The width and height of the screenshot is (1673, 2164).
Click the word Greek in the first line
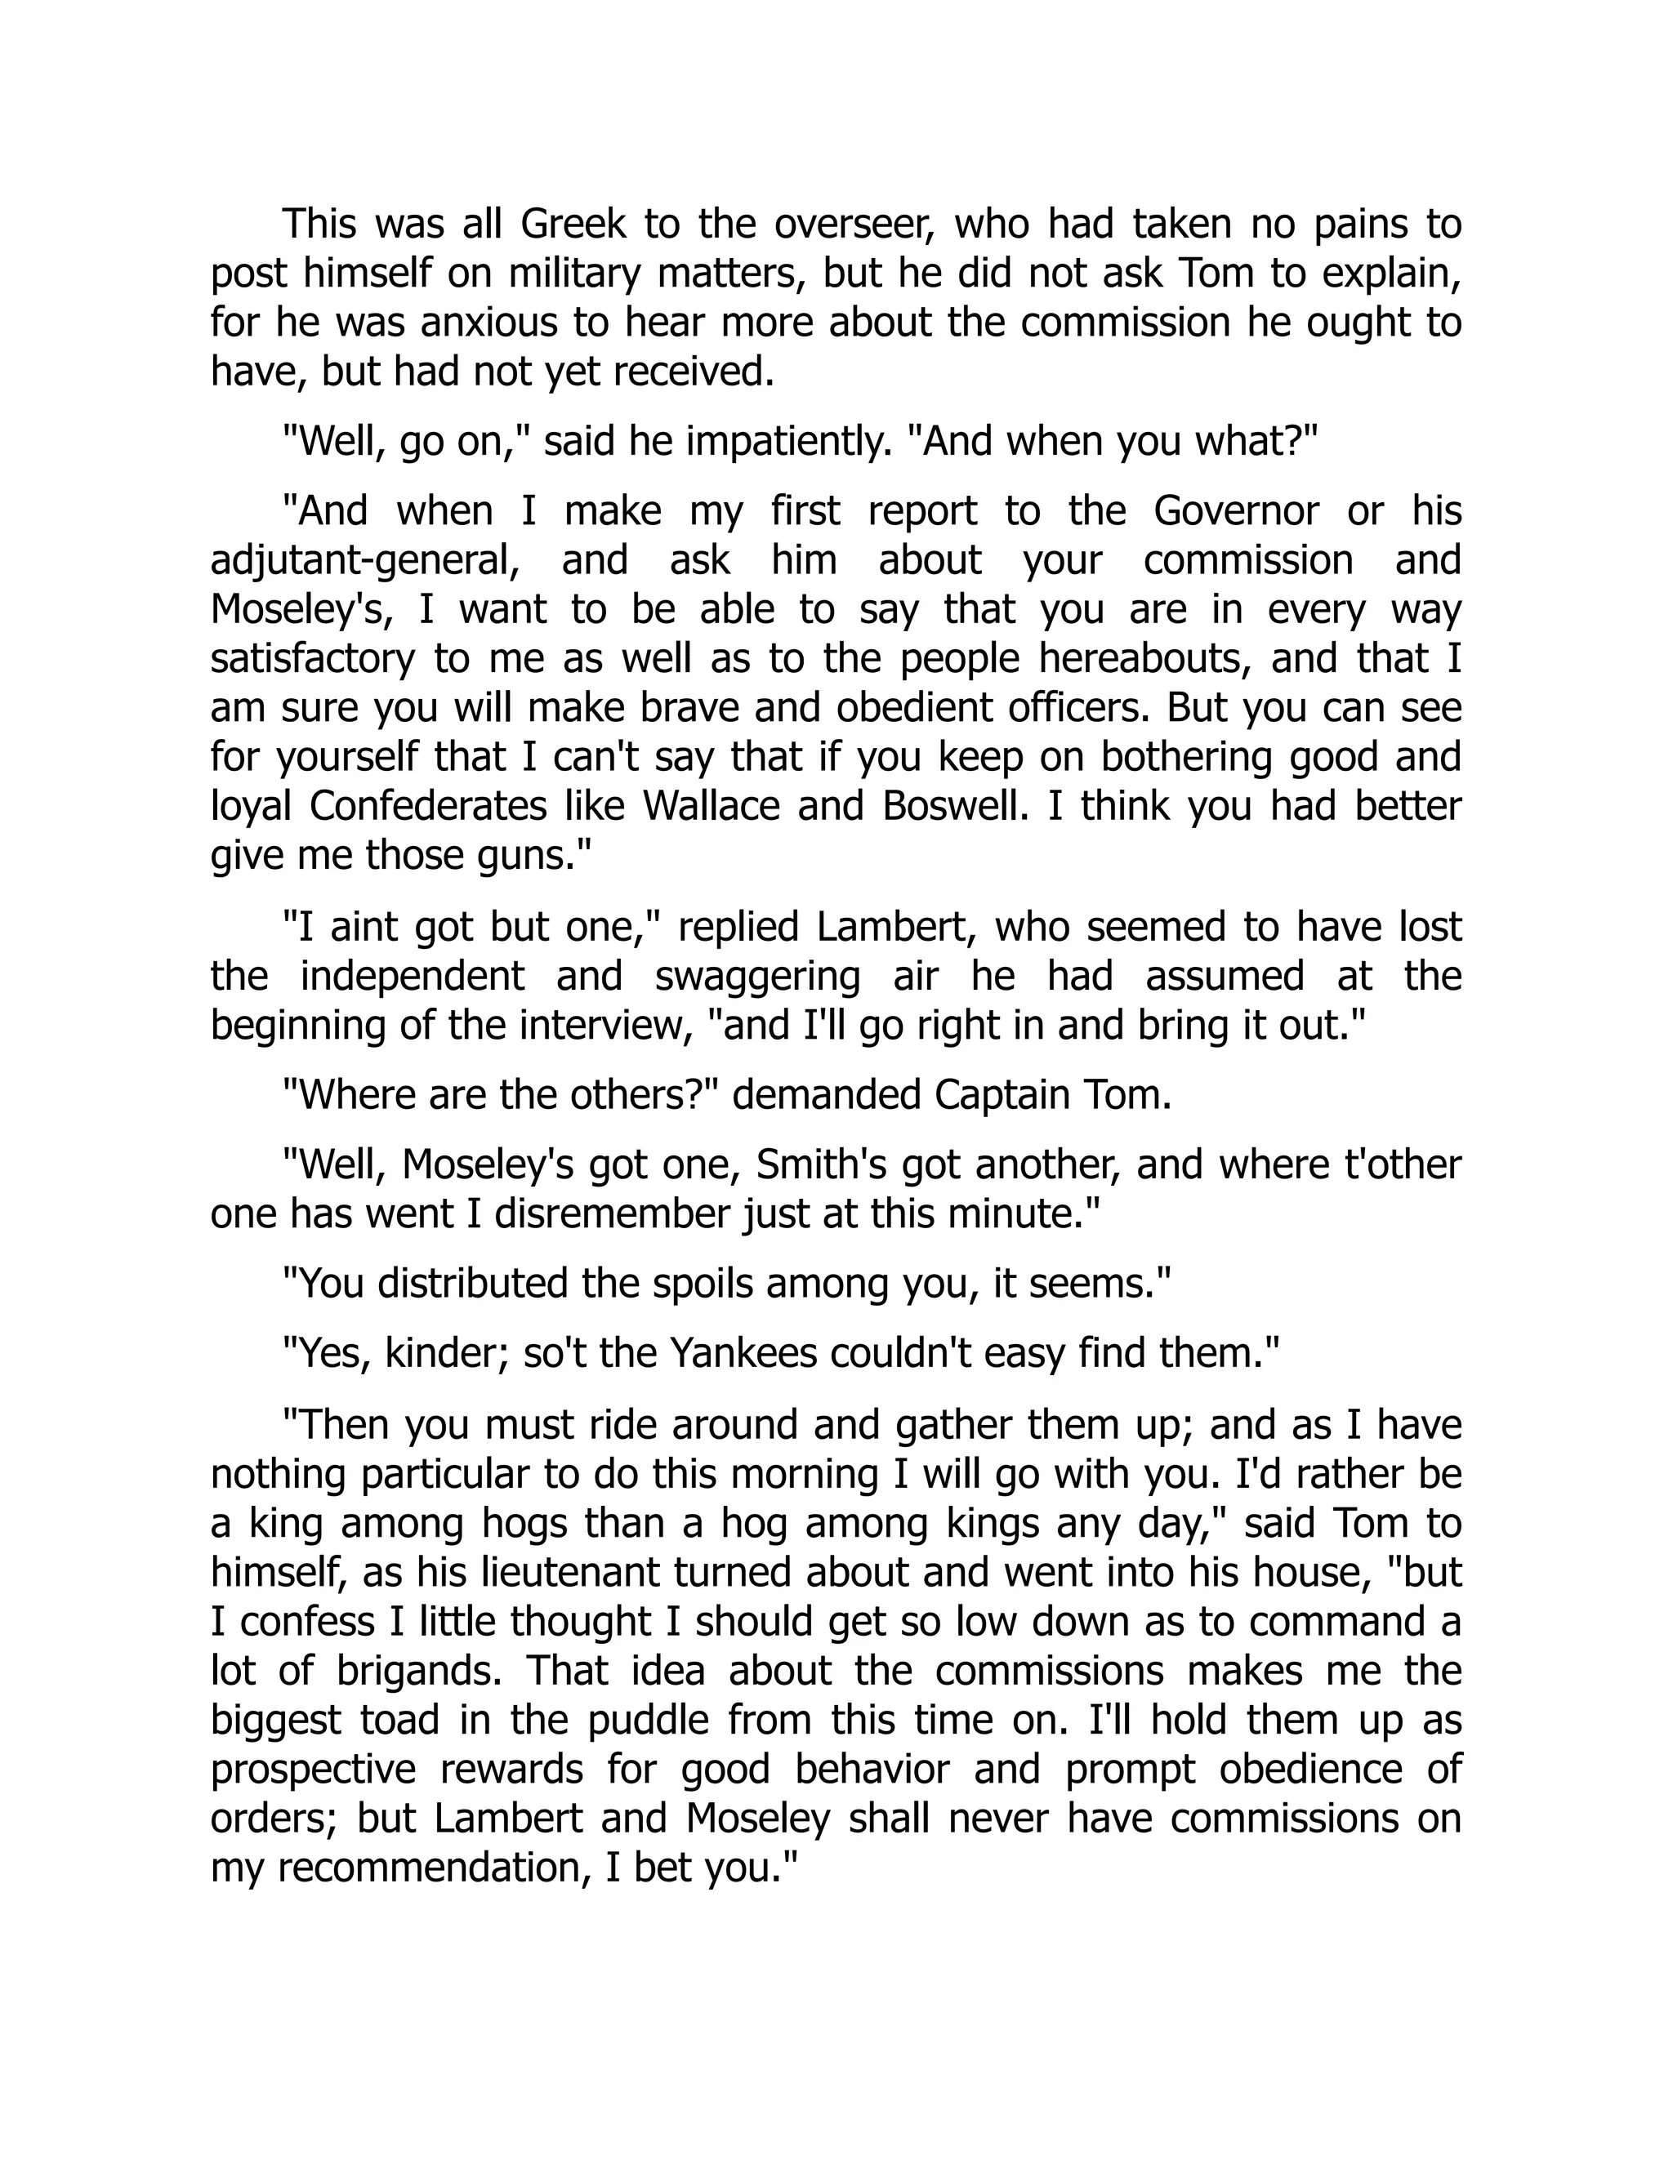[x=573, y=224]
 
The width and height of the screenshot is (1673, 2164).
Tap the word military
[x=575, y=274]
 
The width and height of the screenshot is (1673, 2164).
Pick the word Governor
[x=1236, y=511]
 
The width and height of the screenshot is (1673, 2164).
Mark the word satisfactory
[x=313, y=658]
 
